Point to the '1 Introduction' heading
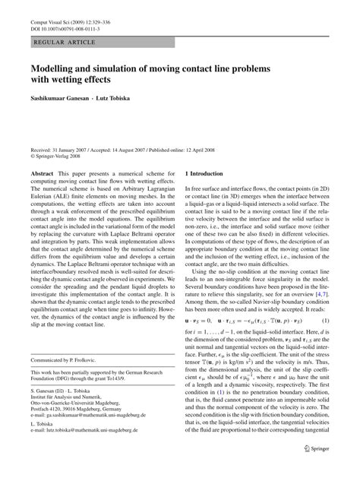click(x=211, y=175)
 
